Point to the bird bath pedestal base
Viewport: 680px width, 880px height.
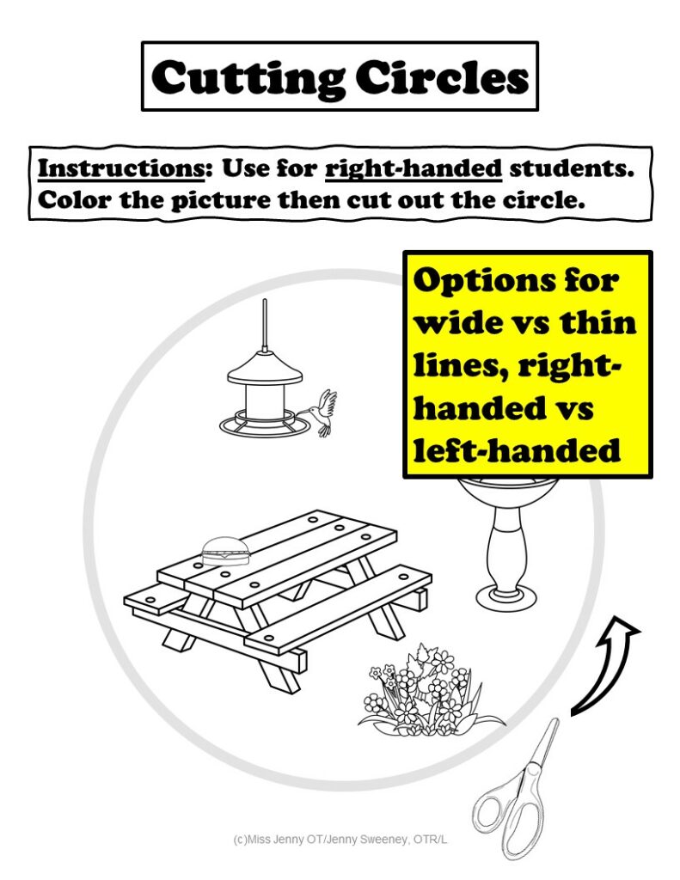coord(503,593)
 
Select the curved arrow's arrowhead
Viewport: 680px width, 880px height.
coord(627,632)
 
